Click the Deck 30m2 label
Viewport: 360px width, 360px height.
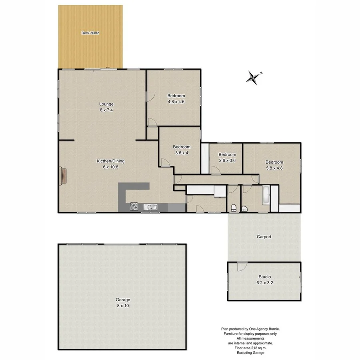tap(90, 33)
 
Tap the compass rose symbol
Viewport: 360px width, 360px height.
tap(253, 77)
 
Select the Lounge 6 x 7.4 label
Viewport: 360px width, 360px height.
tap(106, 107)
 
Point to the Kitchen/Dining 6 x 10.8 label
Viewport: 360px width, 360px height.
tap(111, 164)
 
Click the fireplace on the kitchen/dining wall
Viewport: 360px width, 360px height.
tap(63, 176)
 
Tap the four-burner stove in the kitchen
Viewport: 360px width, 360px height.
tap(134, 207)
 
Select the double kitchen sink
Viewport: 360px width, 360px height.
tap(152, 207)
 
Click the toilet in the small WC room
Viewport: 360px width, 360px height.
tap(234, 207)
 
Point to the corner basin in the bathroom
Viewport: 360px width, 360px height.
tap(245, 208)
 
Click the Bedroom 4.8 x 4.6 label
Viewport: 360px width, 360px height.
tap(176, 98)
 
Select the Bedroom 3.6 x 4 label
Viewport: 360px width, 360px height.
tap(182, 150)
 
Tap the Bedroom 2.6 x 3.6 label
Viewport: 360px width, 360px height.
tap(227, 157)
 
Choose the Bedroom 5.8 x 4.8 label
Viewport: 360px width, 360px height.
tap(274, 165)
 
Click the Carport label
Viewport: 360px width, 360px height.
tap(264, 237)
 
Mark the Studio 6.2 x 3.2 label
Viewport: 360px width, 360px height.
tap(264, 280)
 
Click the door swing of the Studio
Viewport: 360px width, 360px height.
tap(242, 267)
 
